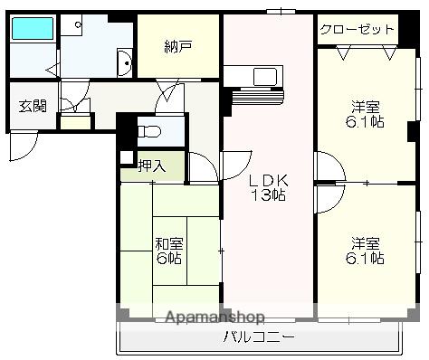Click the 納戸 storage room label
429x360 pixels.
pos(177,45)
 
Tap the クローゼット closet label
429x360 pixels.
pos(357,29)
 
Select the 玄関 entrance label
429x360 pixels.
pos(33,105)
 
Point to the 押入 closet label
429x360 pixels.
pos(151,166)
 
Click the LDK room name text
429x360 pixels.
pos(268,179)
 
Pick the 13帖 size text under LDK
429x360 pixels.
pos(269,194)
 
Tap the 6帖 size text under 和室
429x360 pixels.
pos(169,258)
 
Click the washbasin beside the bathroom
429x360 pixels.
pos(125,63)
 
